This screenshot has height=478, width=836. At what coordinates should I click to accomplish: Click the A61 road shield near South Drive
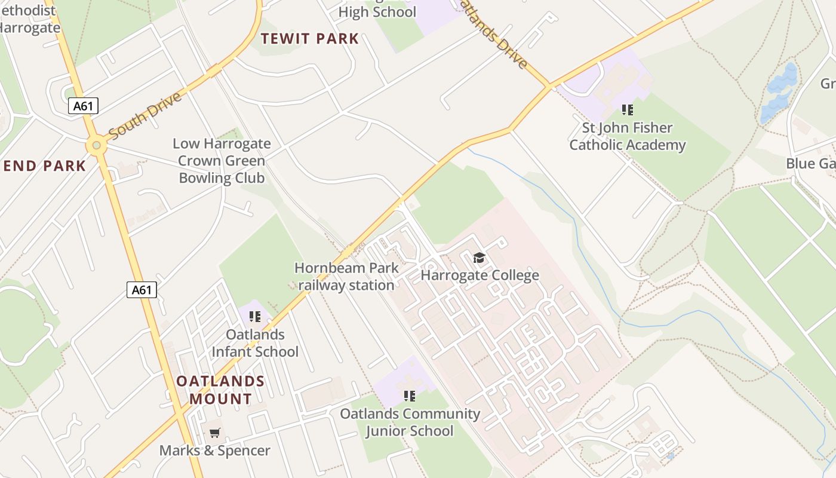tap(82, 106)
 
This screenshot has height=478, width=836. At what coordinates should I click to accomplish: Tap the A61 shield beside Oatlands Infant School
tap(142, 290)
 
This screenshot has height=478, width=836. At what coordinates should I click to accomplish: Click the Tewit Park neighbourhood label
tap(310, 39)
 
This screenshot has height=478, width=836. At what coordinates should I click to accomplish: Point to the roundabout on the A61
tap(96, 145)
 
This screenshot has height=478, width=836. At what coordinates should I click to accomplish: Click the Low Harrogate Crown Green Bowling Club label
tap(222, 161)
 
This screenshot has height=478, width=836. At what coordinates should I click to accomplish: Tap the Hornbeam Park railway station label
tap(346, 276)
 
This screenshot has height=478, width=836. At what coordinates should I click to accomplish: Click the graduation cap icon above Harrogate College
tap(479, 258)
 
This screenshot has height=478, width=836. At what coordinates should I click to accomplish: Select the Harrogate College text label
tap(480, 275)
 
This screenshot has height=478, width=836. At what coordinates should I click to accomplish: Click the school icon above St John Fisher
tap(627, 109)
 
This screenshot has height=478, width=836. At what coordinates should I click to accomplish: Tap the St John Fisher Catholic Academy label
tap(627, 136)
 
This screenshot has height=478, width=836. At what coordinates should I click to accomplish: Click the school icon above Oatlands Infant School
tap(255, 316)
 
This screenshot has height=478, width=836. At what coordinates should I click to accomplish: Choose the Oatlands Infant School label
tap(255, 343)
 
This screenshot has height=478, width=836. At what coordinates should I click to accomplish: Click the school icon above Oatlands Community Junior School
tap(409, 396)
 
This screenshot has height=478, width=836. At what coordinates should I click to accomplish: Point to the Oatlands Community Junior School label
tap(410, 422)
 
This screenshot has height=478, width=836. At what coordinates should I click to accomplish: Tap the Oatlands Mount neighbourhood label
tap(220, 390)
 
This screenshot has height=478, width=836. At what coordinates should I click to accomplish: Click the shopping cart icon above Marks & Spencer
tap(214, 433)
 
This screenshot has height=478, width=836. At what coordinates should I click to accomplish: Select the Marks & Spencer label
tap(214, 450)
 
